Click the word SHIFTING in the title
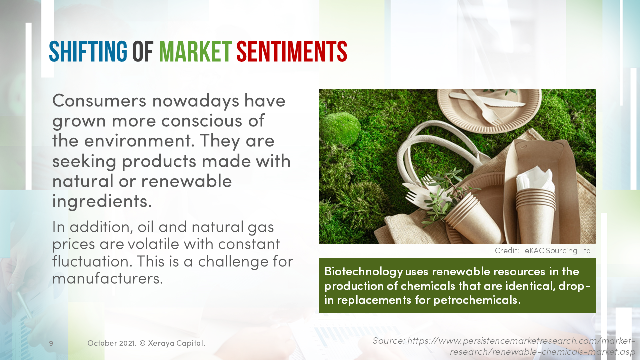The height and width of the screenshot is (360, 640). [x=88, y=51]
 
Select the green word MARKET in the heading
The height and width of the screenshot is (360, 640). [x=195, y=51]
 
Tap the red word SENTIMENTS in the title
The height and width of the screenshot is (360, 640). [x=292, y=51]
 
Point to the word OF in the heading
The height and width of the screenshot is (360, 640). [x=143, y=51]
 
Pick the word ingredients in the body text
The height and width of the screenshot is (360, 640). [x=101, y=201]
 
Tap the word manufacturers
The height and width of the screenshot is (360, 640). [x=107, y=278]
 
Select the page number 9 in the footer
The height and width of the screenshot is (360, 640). [x=51, y=343]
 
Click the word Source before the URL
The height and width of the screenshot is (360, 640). [x=388, y=341]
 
